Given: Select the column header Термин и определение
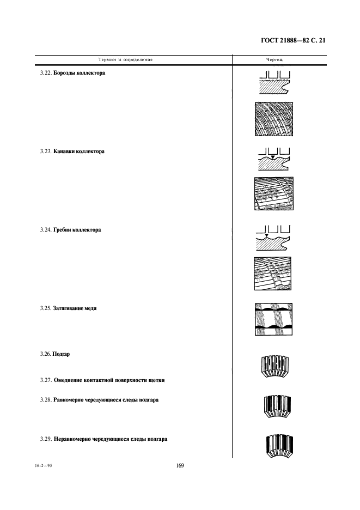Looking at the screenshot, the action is point(125,59).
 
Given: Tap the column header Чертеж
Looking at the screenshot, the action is point(275,59).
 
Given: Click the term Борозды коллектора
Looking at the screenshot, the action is point(79,73).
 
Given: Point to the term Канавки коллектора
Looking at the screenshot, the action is point(79,151).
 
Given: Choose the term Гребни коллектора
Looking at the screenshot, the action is point(77,229).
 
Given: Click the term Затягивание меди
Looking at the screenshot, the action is point(75,308).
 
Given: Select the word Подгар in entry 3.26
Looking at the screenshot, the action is point(61,354).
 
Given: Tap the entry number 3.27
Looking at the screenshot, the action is point(46,380).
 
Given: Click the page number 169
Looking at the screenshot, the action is point(180,465).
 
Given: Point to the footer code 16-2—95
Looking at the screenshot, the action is point(43,466).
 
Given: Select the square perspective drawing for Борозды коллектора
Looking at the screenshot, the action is point(274,119).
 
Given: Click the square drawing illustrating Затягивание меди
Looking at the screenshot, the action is point(273,319).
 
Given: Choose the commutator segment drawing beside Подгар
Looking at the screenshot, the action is point(275,367).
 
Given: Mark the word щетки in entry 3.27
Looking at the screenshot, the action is point(156,380).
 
